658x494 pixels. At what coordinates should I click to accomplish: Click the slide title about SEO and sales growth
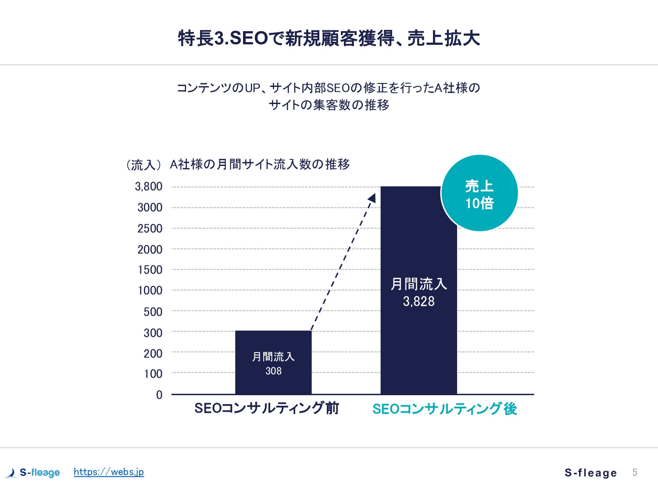329,38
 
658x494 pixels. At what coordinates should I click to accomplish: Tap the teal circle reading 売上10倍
479,193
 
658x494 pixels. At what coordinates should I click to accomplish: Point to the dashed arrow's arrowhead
372,198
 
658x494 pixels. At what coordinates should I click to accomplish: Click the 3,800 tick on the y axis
149,187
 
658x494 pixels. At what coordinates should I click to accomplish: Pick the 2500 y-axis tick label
150,228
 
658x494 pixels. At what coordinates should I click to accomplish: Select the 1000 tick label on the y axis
150,290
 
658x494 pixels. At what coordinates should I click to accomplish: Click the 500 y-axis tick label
153,312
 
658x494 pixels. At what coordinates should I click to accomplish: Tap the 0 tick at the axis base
159,395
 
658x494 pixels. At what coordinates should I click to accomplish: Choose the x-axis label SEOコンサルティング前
267,408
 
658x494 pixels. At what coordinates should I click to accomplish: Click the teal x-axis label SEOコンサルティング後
444,409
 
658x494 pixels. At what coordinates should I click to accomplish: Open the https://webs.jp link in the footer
109,472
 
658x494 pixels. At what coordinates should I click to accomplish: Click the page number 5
635,472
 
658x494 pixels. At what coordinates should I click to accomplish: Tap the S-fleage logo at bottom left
33,472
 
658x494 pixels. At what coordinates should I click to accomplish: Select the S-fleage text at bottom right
590,473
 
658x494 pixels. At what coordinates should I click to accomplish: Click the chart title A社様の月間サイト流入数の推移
260,164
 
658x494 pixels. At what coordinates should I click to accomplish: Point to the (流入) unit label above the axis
143,165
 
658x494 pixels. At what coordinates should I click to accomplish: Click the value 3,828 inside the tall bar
419,301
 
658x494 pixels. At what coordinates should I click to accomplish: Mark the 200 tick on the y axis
153,353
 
